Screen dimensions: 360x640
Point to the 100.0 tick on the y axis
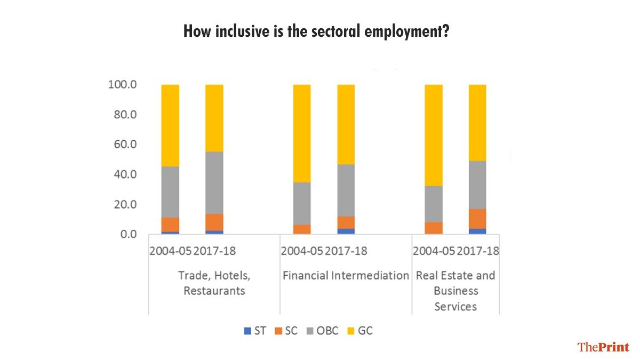tap(123, 85)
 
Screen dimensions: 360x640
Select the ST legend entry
tap(255, 331)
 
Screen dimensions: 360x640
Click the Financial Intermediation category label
tap(346, 276)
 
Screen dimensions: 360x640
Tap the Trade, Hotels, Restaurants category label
tap(214, 283)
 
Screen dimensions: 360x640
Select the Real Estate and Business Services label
tap(455, 291)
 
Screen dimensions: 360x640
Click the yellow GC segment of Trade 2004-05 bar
tap(170, 125)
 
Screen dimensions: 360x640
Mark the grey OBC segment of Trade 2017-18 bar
tap(214, 182)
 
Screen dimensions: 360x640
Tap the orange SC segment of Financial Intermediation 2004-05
tap(302, 229)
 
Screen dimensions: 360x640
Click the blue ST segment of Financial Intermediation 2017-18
tap(346, 231)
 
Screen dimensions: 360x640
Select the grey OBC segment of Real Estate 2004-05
tap(434, 204)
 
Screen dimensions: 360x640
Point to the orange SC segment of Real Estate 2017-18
tap(477, 218)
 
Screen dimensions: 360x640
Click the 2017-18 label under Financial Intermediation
tap(346, 251)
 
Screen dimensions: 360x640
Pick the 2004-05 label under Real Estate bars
tap(434, 251)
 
